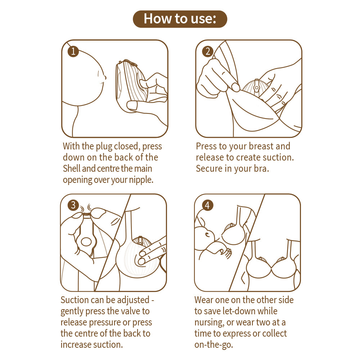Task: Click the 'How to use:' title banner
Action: (x=180, y=19)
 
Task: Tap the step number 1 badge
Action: (x=73, y=51)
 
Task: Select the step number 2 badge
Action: (x=207, y=51)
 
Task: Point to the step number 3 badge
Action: (x=73, y=205)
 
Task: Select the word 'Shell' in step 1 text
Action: (x=72, y=168)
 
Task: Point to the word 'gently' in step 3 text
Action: (x=72, y=311)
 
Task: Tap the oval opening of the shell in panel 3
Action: (x=85, y=242)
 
